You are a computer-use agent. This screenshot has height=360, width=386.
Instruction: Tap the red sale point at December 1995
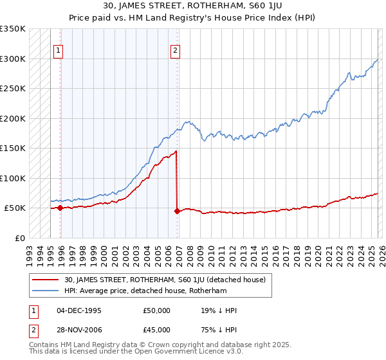[60, 208]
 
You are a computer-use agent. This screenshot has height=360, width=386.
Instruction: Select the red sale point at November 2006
[177, 211]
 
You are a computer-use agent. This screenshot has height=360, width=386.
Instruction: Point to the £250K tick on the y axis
[13, 89]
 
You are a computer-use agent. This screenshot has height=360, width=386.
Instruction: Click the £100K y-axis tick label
[13, 178]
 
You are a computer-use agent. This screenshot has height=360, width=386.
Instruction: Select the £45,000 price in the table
[157, 330]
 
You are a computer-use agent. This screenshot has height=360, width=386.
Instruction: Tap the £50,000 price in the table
[157, 310]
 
